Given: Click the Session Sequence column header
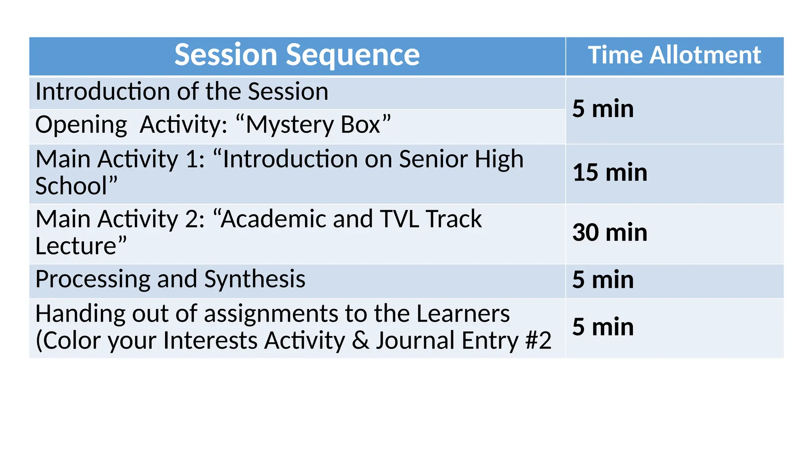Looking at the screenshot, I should pos(297,55).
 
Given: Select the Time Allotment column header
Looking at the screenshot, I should pos(674,55).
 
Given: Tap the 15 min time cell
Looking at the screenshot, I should pos(610,173).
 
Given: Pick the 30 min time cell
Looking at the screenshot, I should pos(610,233).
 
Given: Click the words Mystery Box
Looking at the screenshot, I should pos(313,125).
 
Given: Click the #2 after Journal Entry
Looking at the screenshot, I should pos(538,340).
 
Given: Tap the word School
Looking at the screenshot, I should pos(71,186).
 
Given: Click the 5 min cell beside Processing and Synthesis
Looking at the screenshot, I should pos(603,280).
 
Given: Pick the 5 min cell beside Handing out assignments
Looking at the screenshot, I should pos(603,327).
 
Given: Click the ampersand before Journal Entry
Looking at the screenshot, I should pos(360,340).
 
